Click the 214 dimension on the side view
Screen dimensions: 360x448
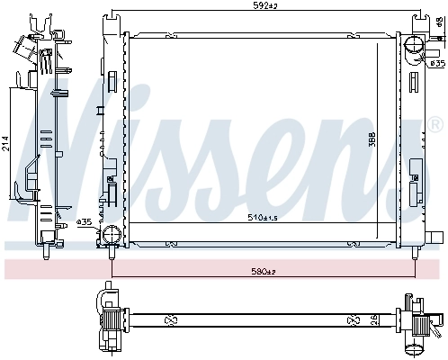pos(6,145)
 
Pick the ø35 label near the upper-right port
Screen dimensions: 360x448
pos(437,63)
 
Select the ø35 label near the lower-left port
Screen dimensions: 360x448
pos(84,222)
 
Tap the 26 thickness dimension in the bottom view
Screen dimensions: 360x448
pos(376,318)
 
